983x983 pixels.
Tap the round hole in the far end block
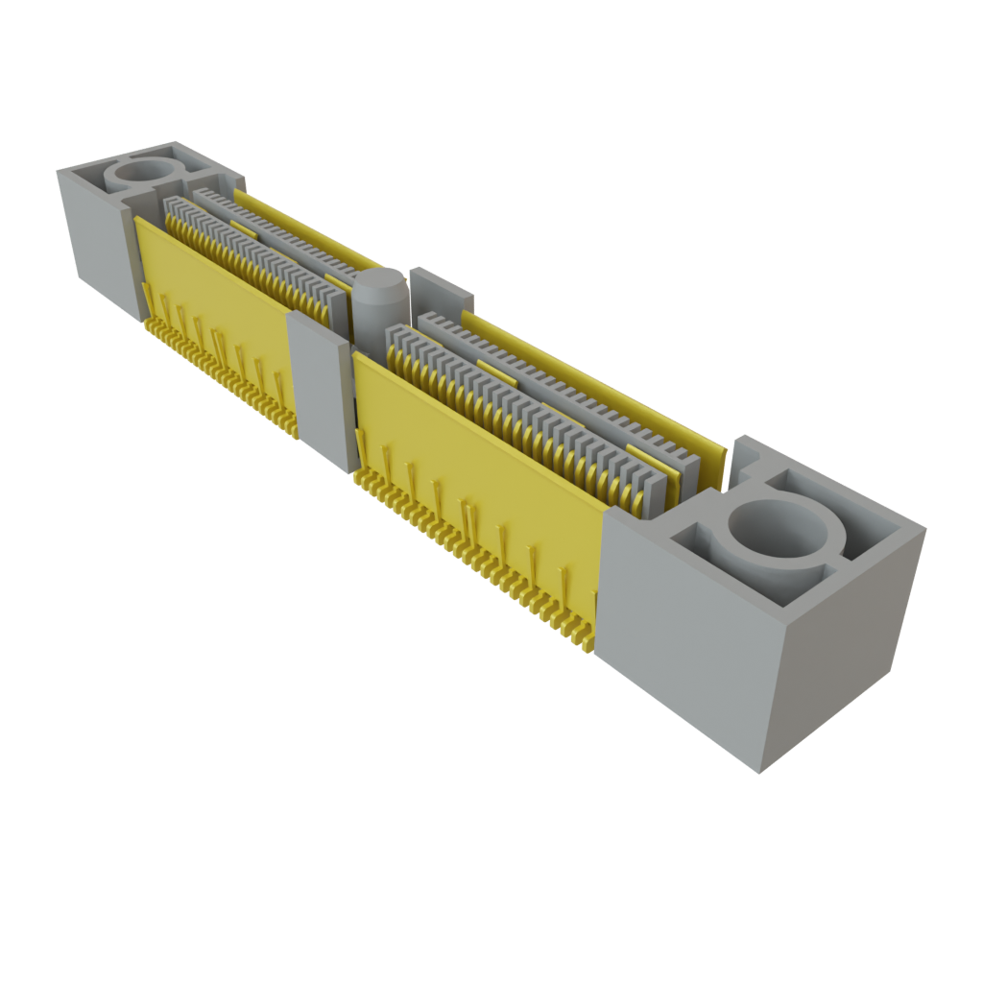144,174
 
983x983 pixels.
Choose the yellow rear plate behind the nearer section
595,384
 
